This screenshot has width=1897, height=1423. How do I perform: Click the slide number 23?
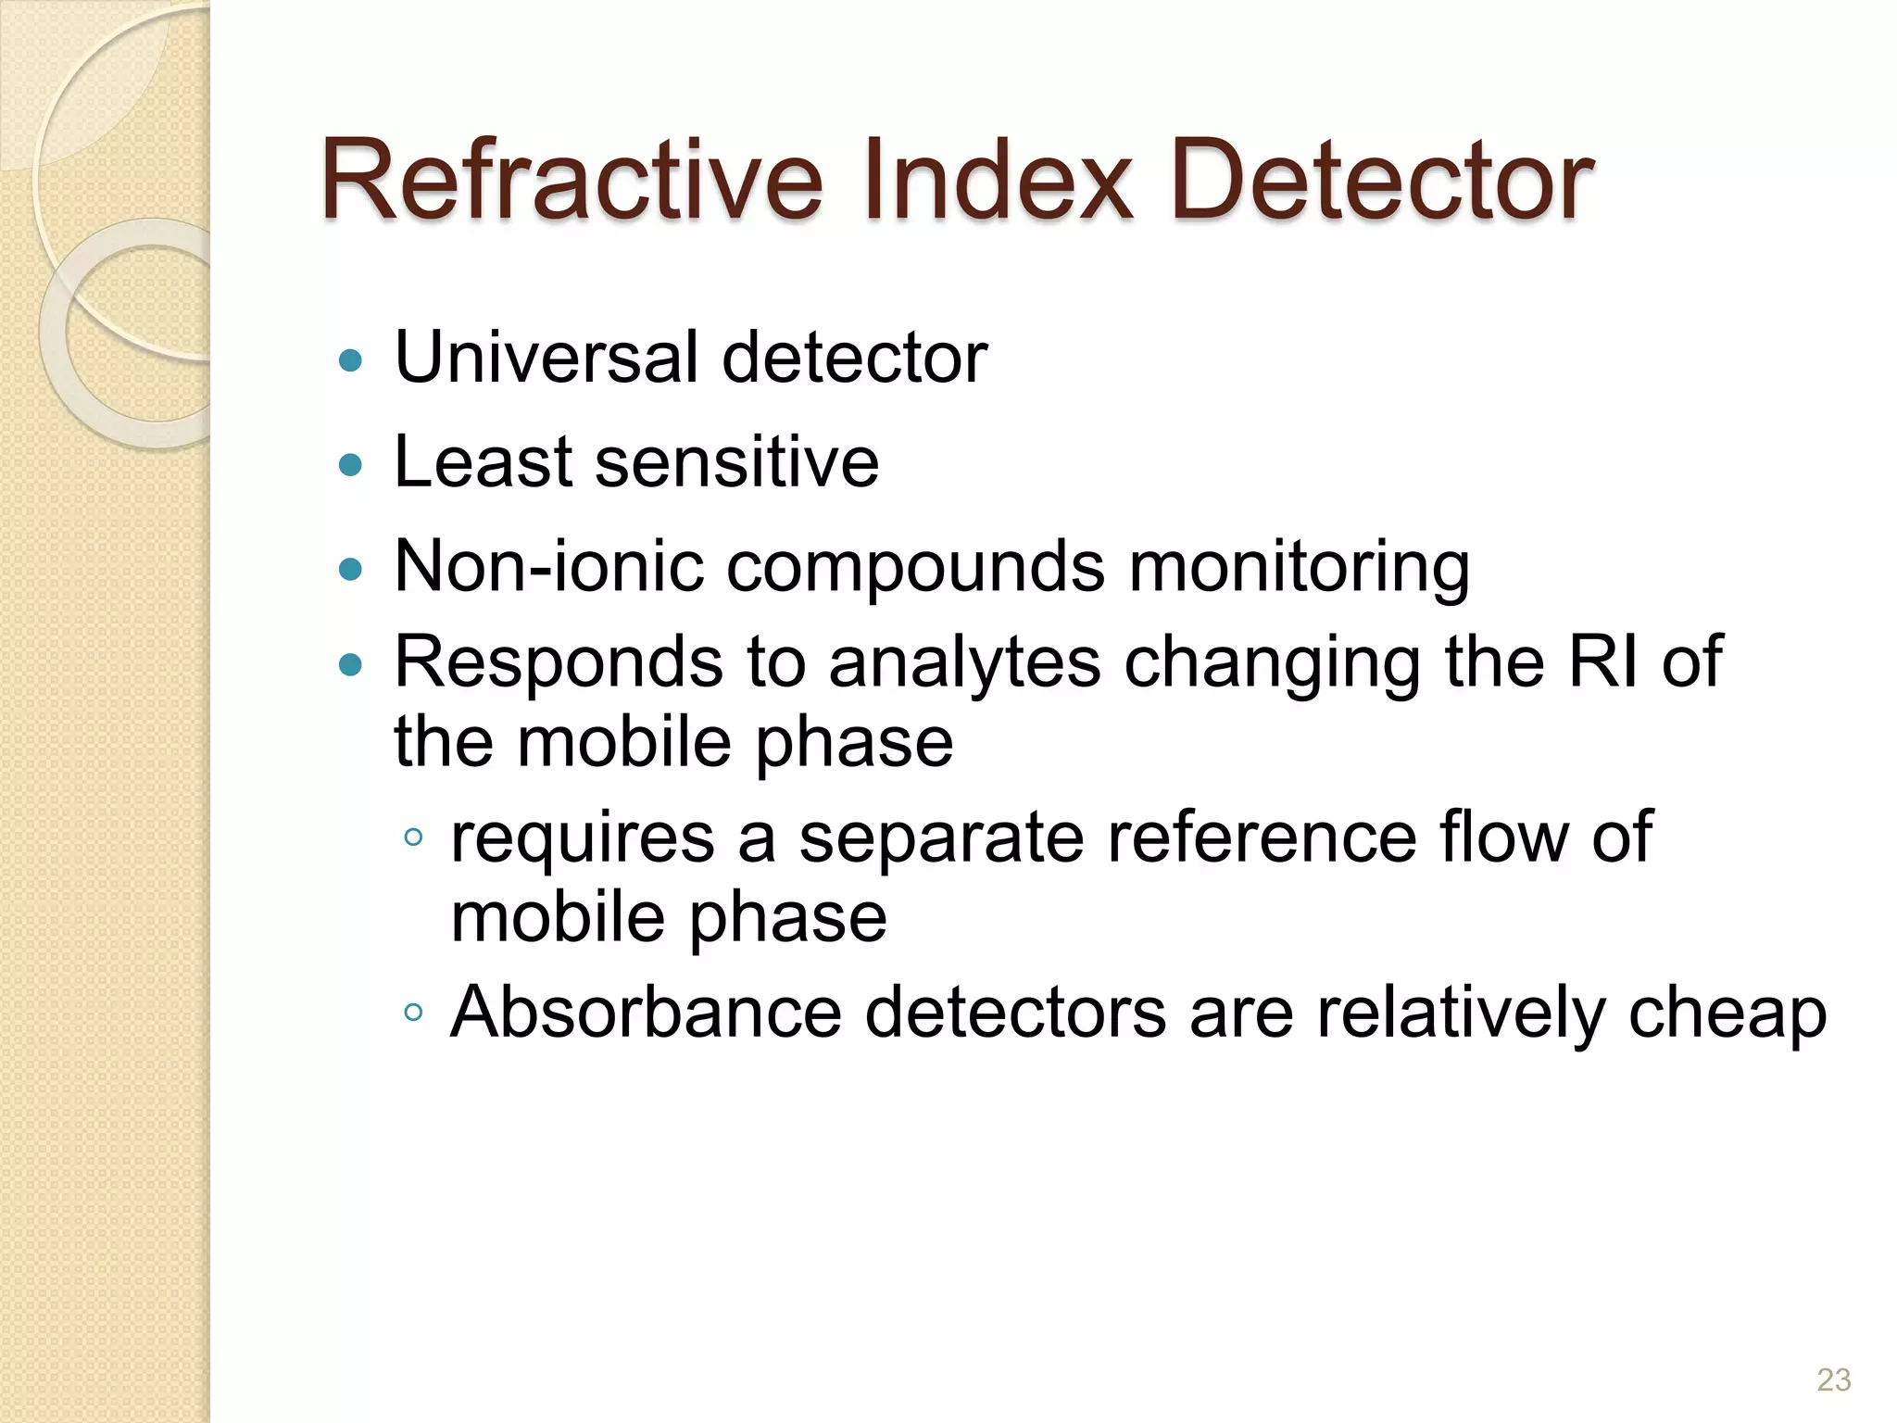1833,1379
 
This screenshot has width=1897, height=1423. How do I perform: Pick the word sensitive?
736,462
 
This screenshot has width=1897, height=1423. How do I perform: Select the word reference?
1262,837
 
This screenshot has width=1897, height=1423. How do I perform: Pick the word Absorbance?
646,1012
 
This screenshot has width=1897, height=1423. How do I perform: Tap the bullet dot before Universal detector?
350,359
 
